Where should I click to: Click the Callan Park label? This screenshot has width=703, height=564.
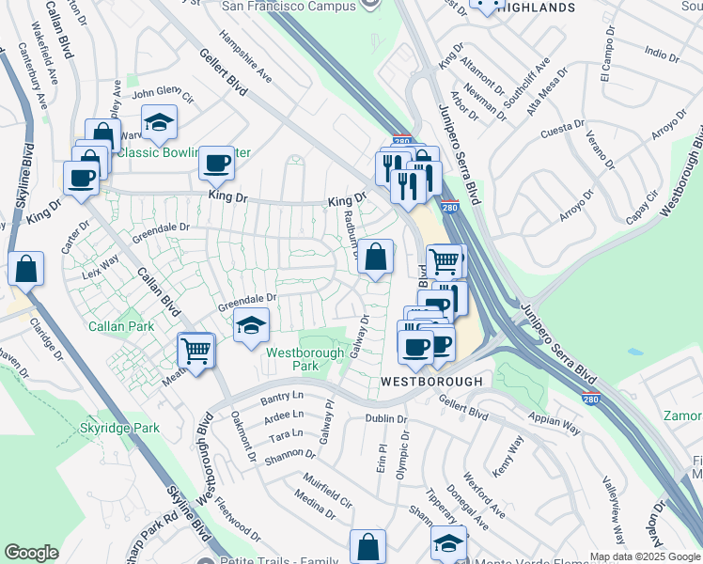click(120, 326)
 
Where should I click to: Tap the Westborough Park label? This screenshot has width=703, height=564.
click(292, 358)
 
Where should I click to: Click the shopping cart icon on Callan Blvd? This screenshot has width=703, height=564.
click(195, 351)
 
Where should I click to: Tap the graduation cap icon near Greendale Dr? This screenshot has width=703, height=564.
click(251, 326)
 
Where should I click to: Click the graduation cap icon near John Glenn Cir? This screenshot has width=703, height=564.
click(160, 121)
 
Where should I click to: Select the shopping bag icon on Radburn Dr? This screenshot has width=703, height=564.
click(375, 256)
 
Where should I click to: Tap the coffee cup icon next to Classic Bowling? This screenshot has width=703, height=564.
click(216, 163)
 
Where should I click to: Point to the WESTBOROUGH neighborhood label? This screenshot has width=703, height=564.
click(431, 382)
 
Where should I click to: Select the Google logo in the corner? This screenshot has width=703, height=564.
click(31, 552)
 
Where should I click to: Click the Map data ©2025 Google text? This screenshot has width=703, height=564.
click(645, 556)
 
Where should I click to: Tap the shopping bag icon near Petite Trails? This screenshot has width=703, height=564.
click(367, 545)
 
